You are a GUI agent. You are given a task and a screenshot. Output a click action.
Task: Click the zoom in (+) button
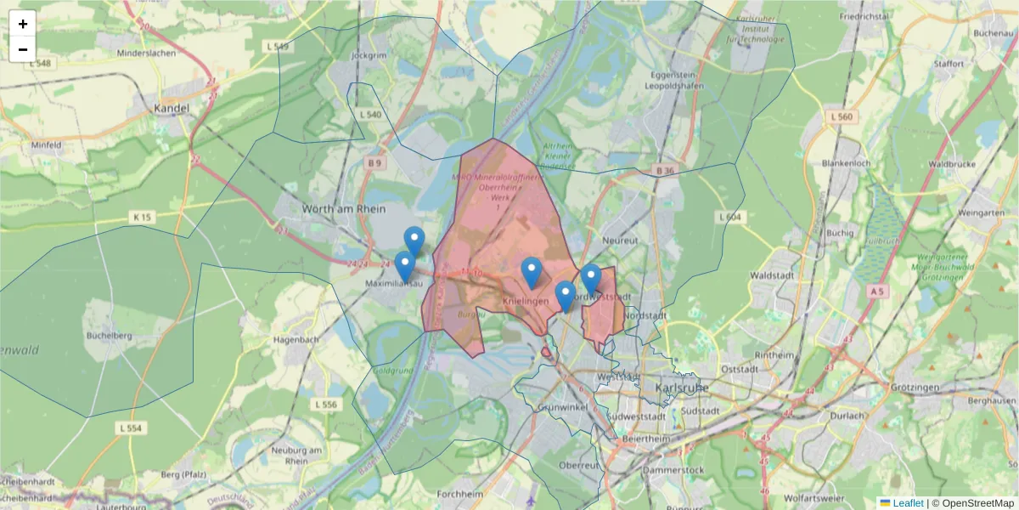coord(23,24)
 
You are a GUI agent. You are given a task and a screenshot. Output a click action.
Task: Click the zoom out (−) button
coord(23,49)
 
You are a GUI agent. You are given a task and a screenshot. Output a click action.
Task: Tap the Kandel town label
coord(172,108)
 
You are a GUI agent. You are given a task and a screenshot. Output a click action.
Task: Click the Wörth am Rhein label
coord(344,208)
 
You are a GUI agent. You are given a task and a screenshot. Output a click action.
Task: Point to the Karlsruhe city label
coord(682,388)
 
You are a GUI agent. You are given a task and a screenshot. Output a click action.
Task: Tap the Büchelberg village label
coord(107,335)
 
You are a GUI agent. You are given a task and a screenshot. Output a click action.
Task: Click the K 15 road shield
coord(141,218)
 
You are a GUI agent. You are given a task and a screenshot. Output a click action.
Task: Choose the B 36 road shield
coord(664,171)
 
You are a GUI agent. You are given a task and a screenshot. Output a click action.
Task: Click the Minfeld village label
coord(45,145)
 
